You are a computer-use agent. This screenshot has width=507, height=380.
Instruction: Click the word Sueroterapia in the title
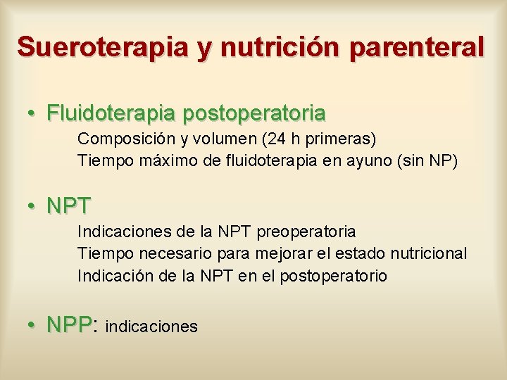click(x=103, y=47)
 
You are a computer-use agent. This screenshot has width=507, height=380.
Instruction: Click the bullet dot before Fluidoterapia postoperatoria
click(x=32, y=113)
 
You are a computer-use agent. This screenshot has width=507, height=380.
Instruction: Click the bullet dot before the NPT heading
click(x=32, y=206)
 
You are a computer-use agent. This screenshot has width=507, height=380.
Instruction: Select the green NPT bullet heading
click(x=69, y=207)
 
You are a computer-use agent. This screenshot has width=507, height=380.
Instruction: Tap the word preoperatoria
click(x=307, y=232)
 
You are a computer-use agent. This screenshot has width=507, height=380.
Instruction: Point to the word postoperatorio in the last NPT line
click(x=333, y=277)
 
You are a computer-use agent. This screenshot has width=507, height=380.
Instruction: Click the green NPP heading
click(x=70, y=324)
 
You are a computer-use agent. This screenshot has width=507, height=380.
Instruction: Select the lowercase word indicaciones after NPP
click(x=151, y=327)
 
